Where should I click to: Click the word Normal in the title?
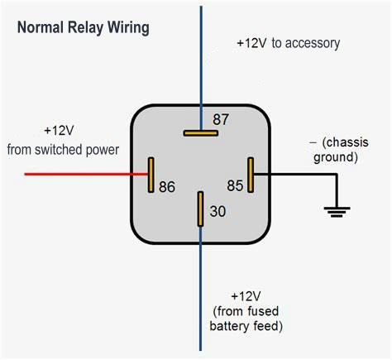[41, 27]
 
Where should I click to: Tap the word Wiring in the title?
[128, 28]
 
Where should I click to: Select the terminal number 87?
[221, 119]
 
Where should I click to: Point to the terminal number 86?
[167, 186]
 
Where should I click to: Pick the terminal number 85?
[235, 185]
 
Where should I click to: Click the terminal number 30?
[218, 211]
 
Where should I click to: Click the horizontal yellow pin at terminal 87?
[201, 133]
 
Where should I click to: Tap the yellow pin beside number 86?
[151, 175]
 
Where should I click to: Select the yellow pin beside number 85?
[251, 175]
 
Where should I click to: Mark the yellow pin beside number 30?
[200, 209]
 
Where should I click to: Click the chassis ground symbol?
[337, 212]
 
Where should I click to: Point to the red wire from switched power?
[86, 174]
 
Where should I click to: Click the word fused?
[263, 311]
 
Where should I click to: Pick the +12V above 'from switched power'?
[59, 131]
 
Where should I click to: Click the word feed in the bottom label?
[266, 326]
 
